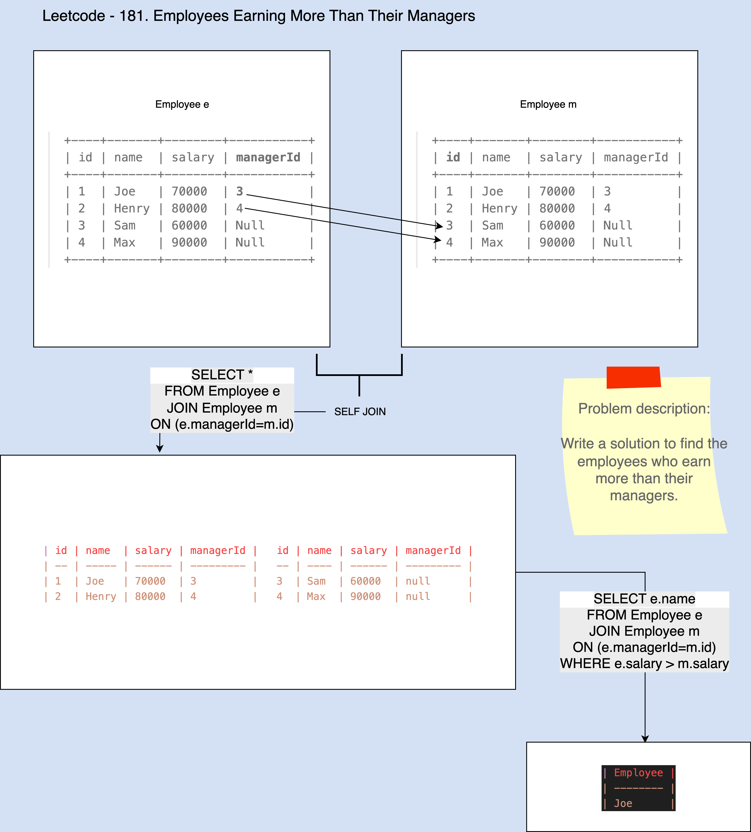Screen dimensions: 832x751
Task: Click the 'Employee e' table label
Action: coord(182,104)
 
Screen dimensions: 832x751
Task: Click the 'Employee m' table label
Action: coord(548,104)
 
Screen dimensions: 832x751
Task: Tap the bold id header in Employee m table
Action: coord(453,158)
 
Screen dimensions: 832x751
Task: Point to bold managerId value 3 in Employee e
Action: coord(239,191)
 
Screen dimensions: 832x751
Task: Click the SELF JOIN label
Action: coord(360,412)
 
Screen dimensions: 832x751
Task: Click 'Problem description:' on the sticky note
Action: coord(644,409)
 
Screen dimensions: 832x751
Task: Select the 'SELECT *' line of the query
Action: coord(222,375)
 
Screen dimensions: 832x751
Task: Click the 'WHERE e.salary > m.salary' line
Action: coord(644,664)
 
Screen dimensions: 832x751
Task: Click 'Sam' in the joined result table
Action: coord(316,581)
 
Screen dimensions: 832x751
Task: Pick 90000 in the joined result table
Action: coord(365,596)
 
